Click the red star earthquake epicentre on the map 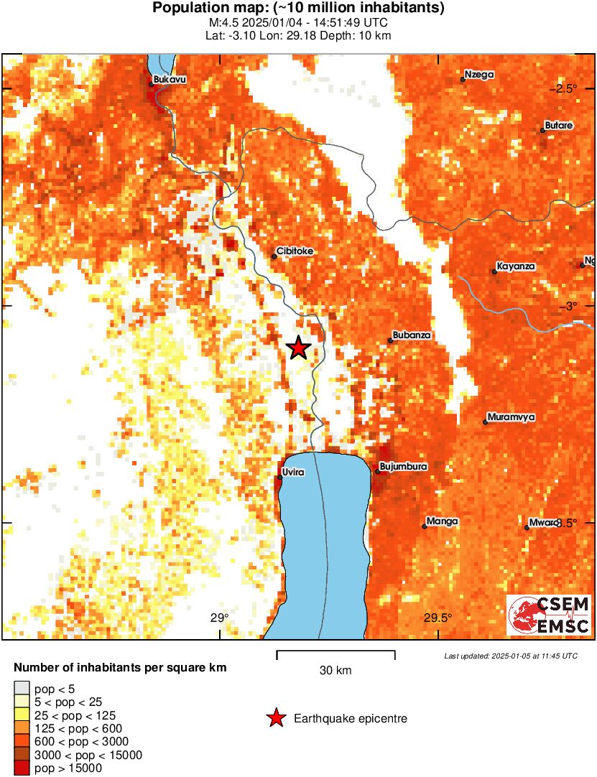tap(299, 348)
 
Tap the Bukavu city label tap(170, 80)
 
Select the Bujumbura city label tap(403, 467)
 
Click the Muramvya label tap(511, 417)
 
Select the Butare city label tap(558, 126)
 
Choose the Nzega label tap(478, 74)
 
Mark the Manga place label tap(442, 521)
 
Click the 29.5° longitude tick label tap(437, 618)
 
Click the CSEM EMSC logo tap(549, 615)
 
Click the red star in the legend tap(275, 718)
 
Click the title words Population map tap(216, 9)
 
